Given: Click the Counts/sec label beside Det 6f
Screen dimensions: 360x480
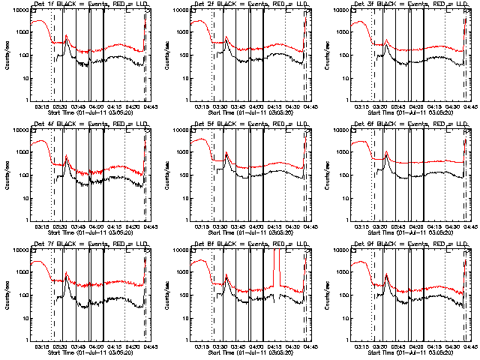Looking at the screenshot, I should point(325,174).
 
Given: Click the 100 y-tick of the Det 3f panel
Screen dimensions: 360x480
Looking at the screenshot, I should point(339,55).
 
